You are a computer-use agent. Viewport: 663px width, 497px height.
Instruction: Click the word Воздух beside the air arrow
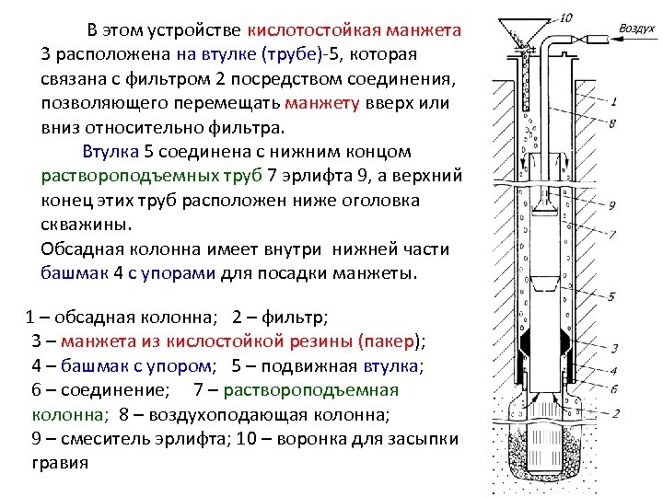(636, 29)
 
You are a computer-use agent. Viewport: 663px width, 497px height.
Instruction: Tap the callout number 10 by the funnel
(565, 17)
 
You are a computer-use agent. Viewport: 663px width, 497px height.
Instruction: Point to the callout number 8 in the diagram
(612, 122)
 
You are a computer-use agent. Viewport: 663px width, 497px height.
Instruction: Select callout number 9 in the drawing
(612, 205)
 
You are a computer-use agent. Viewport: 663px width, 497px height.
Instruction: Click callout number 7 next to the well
(612, 236)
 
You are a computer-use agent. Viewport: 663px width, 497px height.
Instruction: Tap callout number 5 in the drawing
(612, 296)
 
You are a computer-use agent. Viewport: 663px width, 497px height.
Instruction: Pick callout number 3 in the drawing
(613, 349)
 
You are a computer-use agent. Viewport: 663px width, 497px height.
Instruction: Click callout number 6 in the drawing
(613, 389)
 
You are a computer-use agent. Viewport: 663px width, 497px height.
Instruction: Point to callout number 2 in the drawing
(613, 411)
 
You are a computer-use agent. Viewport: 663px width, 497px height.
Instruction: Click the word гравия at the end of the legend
(60, 462)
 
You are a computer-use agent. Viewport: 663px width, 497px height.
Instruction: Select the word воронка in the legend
(291, 438)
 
